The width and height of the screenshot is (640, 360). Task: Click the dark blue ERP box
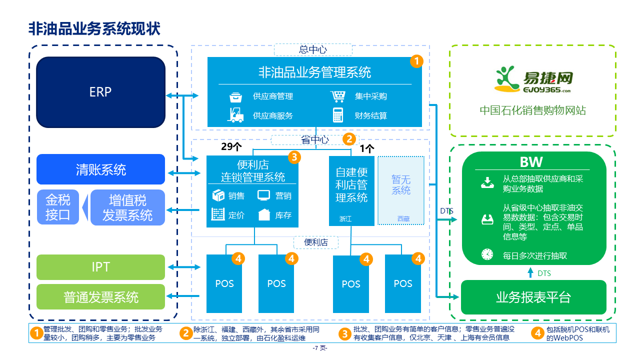tap(100, 92)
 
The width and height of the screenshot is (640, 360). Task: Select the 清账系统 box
tap(100, 169)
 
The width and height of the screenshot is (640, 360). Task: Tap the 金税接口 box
tap(58, 207)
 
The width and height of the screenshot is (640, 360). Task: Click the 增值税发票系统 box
tap(127, 207)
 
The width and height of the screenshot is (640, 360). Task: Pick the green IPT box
tap(100, 267)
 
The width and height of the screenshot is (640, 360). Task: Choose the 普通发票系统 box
tap(100, 297)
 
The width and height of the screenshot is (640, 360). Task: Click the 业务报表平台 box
tap(533, 297)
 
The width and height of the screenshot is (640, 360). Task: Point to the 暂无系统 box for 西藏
tap(400, 190)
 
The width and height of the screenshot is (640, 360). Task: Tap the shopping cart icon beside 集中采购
tap(338, 96)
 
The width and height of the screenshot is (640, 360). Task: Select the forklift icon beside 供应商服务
tap(235, 115)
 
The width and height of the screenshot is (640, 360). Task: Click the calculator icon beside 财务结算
tap(338, 115)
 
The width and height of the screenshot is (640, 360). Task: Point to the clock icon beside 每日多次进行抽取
tap(487, 254)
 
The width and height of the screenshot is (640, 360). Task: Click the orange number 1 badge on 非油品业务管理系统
tap(416, 61)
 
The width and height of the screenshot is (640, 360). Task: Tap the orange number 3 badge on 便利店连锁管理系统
tap(294, 157)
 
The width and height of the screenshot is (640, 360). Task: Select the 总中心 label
tap(313, 49)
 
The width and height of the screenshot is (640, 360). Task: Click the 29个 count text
tap(231, 147)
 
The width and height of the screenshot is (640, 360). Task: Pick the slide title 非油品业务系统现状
tap(94, 28)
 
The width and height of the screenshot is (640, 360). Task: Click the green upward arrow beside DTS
tap(531, 273)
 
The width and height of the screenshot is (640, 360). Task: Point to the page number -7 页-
tap(320, 348)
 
